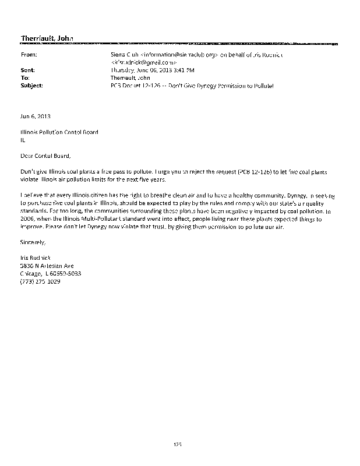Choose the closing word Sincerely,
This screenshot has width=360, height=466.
[x=33, y=241]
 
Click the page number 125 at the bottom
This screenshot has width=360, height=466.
[x=178, y=446]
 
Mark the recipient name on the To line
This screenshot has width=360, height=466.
[x=130, y=77]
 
